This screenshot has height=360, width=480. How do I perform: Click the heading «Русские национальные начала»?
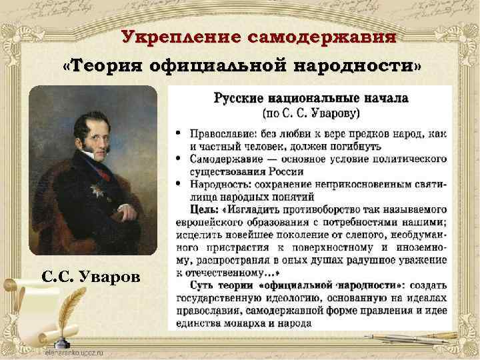click(x=311, y=99)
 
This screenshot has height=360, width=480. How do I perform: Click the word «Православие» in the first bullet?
click(x=223, y=134)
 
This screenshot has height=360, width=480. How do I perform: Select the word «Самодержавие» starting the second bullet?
click(x=226, y=159)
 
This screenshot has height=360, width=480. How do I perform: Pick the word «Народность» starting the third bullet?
click(x=220, y=184)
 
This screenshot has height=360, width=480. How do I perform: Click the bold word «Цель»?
click(x=194, y=209)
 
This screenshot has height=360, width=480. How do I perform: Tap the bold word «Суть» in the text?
click(x=193, y=284)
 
